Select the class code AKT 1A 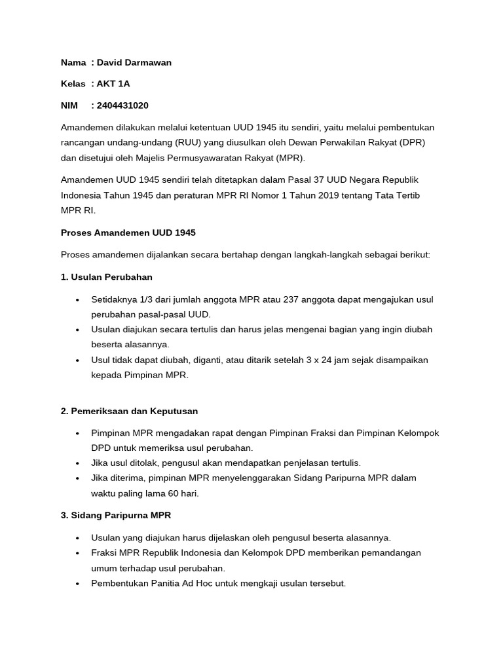coord(113,84)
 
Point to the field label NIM coord(69,105)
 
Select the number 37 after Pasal coord(301,180)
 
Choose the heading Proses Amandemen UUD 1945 coord(128,233)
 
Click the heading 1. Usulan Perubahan coord(106,277)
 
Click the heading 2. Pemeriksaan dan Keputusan coord(129,411)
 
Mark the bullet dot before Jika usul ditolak coord(78,463)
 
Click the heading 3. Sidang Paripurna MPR coord(115,516)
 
